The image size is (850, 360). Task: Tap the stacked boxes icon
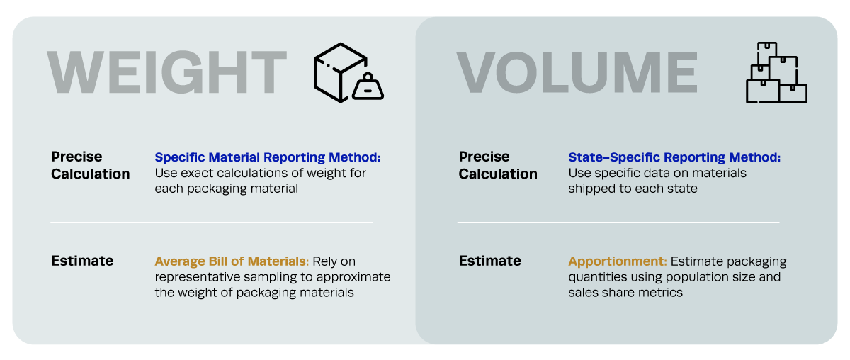tap(776, 72)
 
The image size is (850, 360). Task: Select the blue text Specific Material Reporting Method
tap(268, 157)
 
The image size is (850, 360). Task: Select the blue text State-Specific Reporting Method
tap(674, 157)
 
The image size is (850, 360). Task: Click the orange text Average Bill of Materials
tap(232, 261)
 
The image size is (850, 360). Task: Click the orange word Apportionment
tap(617, 261)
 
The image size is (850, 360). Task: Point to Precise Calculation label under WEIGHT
tap(90, 165)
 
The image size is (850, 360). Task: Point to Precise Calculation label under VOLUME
tap(498, 165)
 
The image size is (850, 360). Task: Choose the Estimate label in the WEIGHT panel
tap(82, 261)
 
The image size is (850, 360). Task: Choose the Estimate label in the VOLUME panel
tap(489, 261)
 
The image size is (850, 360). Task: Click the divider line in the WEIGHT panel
tap(211, 223)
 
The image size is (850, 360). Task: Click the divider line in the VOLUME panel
tap(618, 223)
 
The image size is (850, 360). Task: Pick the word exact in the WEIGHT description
tap(196, 173)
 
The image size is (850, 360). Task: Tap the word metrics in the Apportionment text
tap(662, 293)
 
